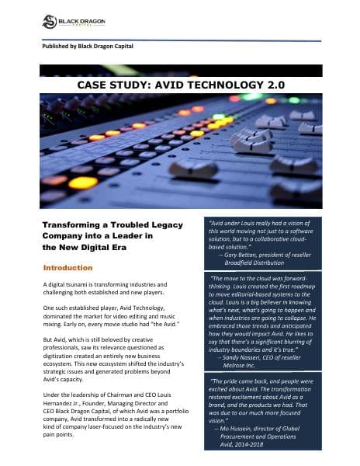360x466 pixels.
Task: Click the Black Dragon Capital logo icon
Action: click(x=49, y=21)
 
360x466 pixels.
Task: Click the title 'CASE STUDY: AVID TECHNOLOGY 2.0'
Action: click(x=180, y=83)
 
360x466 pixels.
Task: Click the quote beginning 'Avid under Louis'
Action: click(x=275, y=233)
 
